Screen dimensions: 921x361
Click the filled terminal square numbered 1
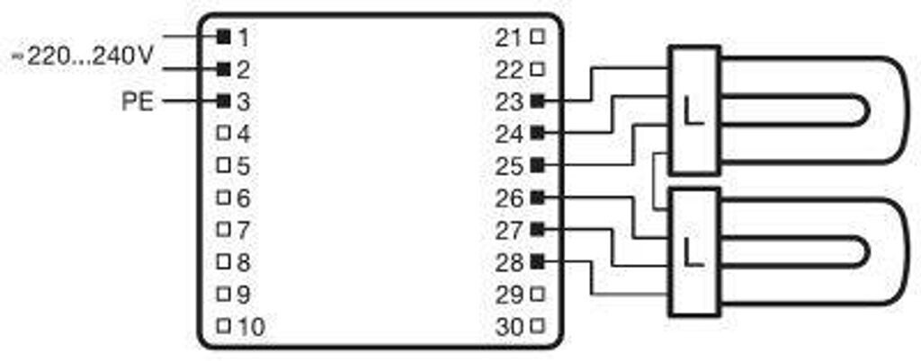point(223,36)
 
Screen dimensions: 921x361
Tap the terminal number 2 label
point(244,69)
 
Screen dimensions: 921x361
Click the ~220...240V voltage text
point(83,56)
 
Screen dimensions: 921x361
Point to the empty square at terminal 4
point(223,134)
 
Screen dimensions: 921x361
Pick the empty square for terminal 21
point(538,37)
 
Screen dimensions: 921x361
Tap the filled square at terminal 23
point(538,101)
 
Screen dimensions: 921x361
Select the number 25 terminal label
point(509,166)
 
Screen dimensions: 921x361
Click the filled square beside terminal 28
point(538,262)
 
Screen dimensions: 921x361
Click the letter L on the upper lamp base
point(693,110)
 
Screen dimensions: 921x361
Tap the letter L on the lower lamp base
point(693,251)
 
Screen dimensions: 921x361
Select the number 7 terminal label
point(243,230)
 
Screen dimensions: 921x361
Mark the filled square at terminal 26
point(538,198)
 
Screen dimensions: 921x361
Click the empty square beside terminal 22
point(538,69)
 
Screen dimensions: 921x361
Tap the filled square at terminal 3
point(223,101)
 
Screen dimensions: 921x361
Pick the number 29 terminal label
point(509,295)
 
